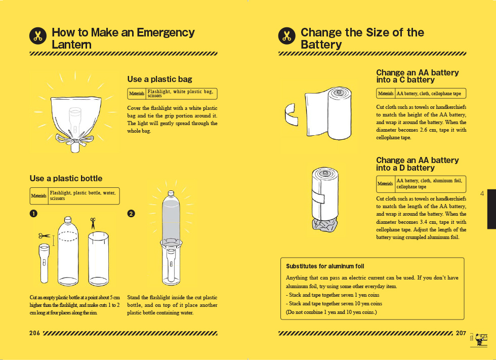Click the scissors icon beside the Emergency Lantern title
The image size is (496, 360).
[38, 36]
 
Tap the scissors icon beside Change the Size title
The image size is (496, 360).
[287, 36]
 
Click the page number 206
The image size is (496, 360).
[35, 333]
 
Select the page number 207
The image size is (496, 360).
[461, 333]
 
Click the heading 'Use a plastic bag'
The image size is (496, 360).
[159, 79]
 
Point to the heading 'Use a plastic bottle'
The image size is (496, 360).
[66, 178]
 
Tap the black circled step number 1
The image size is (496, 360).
[33, 214]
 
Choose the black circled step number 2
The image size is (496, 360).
[131, 214]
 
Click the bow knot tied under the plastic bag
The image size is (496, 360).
[75, 140]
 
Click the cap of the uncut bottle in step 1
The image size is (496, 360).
[68, 219]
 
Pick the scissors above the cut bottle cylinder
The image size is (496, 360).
[93, 223]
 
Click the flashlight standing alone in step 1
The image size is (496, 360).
[45, 263]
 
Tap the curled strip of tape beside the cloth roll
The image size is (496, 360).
[292, 113]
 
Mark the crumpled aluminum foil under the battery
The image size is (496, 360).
[325, 225]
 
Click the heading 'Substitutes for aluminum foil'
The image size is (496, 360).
[325, 266]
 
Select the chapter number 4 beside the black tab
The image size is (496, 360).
[482, 193]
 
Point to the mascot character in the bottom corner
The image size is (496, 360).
[479, 339]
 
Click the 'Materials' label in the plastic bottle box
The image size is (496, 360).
[38, 196]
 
